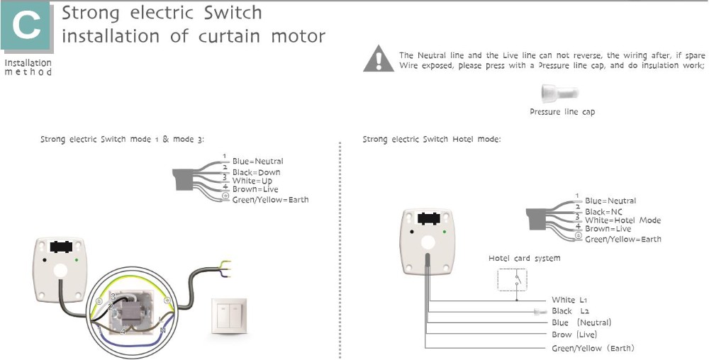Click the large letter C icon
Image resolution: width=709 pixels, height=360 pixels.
pyautogui.click(x=27, y=28)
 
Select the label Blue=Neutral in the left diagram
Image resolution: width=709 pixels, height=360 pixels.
pyautogui.click(x=257, y=162)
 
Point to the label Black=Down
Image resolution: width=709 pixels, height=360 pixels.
pyautogui.click(x=256, y=172)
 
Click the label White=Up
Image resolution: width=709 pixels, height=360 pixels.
pyautogui.click(x=252, y=181)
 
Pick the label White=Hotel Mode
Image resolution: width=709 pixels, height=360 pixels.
pyautogui.click(x=623, y=220)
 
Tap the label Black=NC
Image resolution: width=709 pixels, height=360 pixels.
pyautogui.click(x=603, y=211)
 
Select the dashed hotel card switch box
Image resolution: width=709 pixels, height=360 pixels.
pyautogui.click(x=512, y=279)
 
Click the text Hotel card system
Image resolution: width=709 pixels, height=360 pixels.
pyautogui.click(x=524, y=259)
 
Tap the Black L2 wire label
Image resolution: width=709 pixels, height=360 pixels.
pyautogui.click(x=570, y=311)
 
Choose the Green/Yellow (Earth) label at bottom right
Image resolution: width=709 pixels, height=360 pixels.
pyautogui.click(x=593, y=348)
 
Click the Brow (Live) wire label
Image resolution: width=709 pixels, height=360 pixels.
pyautogui.click(x=574, y=334)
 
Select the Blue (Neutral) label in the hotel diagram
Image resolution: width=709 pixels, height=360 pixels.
pyautogui.click(x=581, y=322)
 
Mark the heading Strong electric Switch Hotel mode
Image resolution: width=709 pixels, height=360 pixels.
pyautogui.click(x=431, y=140)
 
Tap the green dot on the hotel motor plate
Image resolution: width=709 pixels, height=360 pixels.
pyautogui.click(x=444, y=230)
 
